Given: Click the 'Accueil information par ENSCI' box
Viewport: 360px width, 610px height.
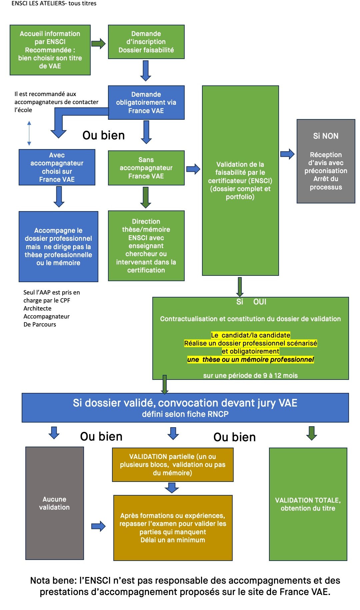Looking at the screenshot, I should tap(50, 50).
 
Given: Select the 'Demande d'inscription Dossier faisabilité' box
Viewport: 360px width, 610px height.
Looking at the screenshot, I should tap(146, 42).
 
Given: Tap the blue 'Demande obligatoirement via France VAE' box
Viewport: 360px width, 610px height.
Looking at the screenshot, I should tap(146, 102).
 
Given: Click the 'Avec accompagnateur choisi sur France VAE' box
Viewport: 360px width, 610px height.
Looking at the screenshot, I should tap(57, 167).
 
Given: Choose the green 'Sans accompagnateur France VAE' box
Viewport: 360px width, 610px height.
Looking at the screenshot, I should tap(146, 168).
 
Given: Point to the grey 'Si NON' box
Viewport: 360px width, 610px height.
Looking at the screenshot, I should tap(326, 161).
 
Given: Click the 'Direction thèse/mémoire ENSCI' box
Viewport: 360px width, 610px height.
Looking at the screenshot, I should tap(146, 246).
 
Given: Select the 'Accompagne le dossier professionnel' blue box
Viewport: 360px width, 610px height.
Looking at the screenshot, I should tap(58, 246).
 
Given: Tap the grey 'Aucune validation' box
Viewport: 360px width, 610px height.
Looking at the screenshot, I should tap(54, 503).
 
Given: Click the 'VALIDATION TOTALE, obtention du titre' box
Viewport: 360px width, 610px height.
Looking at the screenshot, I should tap(308, 504).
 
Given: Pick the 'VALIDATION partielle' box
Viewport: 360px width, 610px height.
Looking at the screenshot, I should tap(173, 465).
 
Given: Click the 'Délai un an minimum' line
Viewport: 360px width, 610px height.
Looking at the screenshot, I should tap(173, 540).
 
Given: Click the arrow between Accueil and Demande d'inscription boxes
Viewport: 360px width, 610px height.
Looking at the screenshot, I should tap(98, 43).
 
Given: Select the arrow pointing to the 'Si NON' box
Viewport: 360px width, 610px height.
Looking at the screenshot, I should tap(287, 154).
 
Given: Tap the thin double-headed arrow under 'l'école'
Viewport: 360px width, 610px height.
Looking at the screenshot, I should tap(29, 133).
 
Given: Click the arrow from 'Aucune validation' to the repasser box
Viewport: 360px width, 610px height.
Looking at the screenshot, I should tap(98, 526).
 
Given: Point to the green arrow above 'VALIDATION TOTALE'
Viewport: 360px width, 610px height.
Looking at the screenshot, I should tap(312, 433).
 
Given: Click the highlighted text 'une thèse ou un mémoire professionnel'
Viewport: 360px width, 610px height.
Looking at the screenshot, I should tap(250, 360).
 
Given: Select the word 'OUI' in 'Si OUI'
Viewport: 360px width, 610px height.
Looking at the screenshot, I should tap(260, 302).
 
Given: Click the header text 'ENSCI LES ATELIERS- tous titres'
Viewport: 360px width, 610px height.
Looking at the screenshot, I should tap(54, 3).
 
